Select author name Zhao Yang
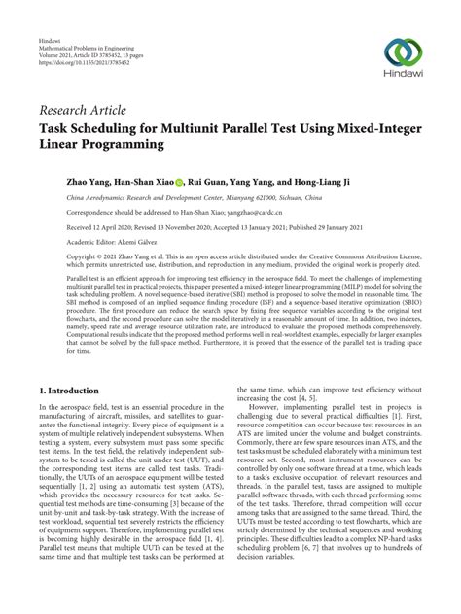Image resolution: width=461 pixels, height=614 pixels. coord(61,181)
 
